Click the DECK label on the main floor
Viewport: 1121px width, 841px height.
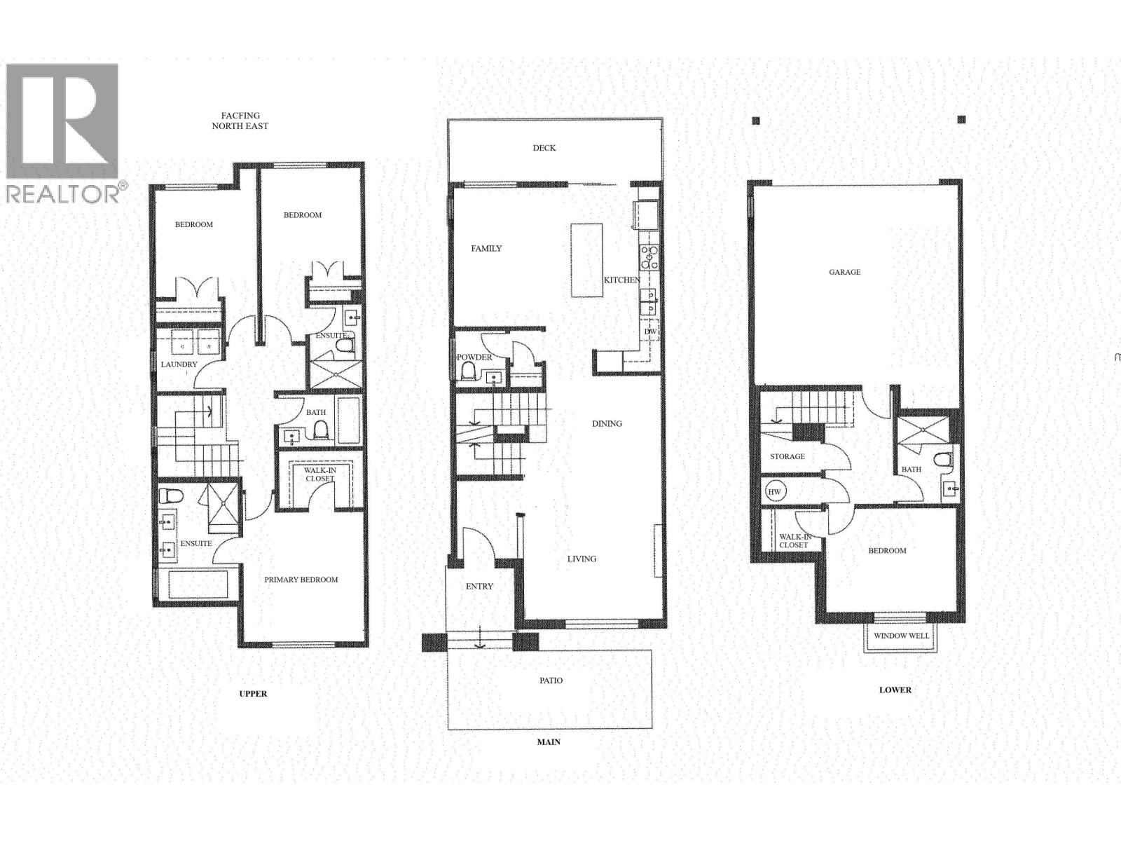tap(544, 148)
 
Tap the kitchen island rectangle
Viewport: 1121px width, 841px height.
tap(586, 260)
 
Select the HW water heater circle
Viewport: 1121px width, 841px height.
tap(774, 492)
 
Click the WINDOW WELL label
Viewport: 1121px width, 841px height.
tap(900, 636)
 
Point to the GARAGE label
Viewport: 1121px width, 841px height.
tap(844, 272)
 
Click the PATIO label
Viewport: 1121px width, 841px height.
tap(551, 681)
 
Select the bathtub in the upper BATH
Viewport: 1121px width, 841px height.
tap(348, 420)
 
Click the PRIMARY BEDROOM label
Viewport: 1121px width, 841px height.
tap(301, 580)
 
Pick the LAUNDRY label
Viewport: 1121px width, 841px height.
tap(179, 364)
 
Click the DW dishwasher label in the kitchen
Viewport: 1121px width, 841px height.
tap(649, 331)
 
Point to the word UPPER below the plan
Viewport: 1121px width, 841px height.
tap(253, 694)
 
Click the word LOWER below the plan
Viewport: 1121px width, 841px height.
tap(895, 690)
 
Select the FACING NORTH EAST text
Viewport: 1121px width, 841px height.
tap(240, 121)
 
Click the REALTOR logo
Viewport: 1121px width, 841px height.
tap(63, 133)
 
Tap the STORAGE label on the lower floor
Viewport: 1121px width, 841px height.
tap(787, 456)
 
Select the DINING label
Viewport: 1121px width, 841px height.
tap(607, 423)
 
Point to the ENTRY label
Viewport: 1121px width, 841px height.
tap(479, 587)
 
